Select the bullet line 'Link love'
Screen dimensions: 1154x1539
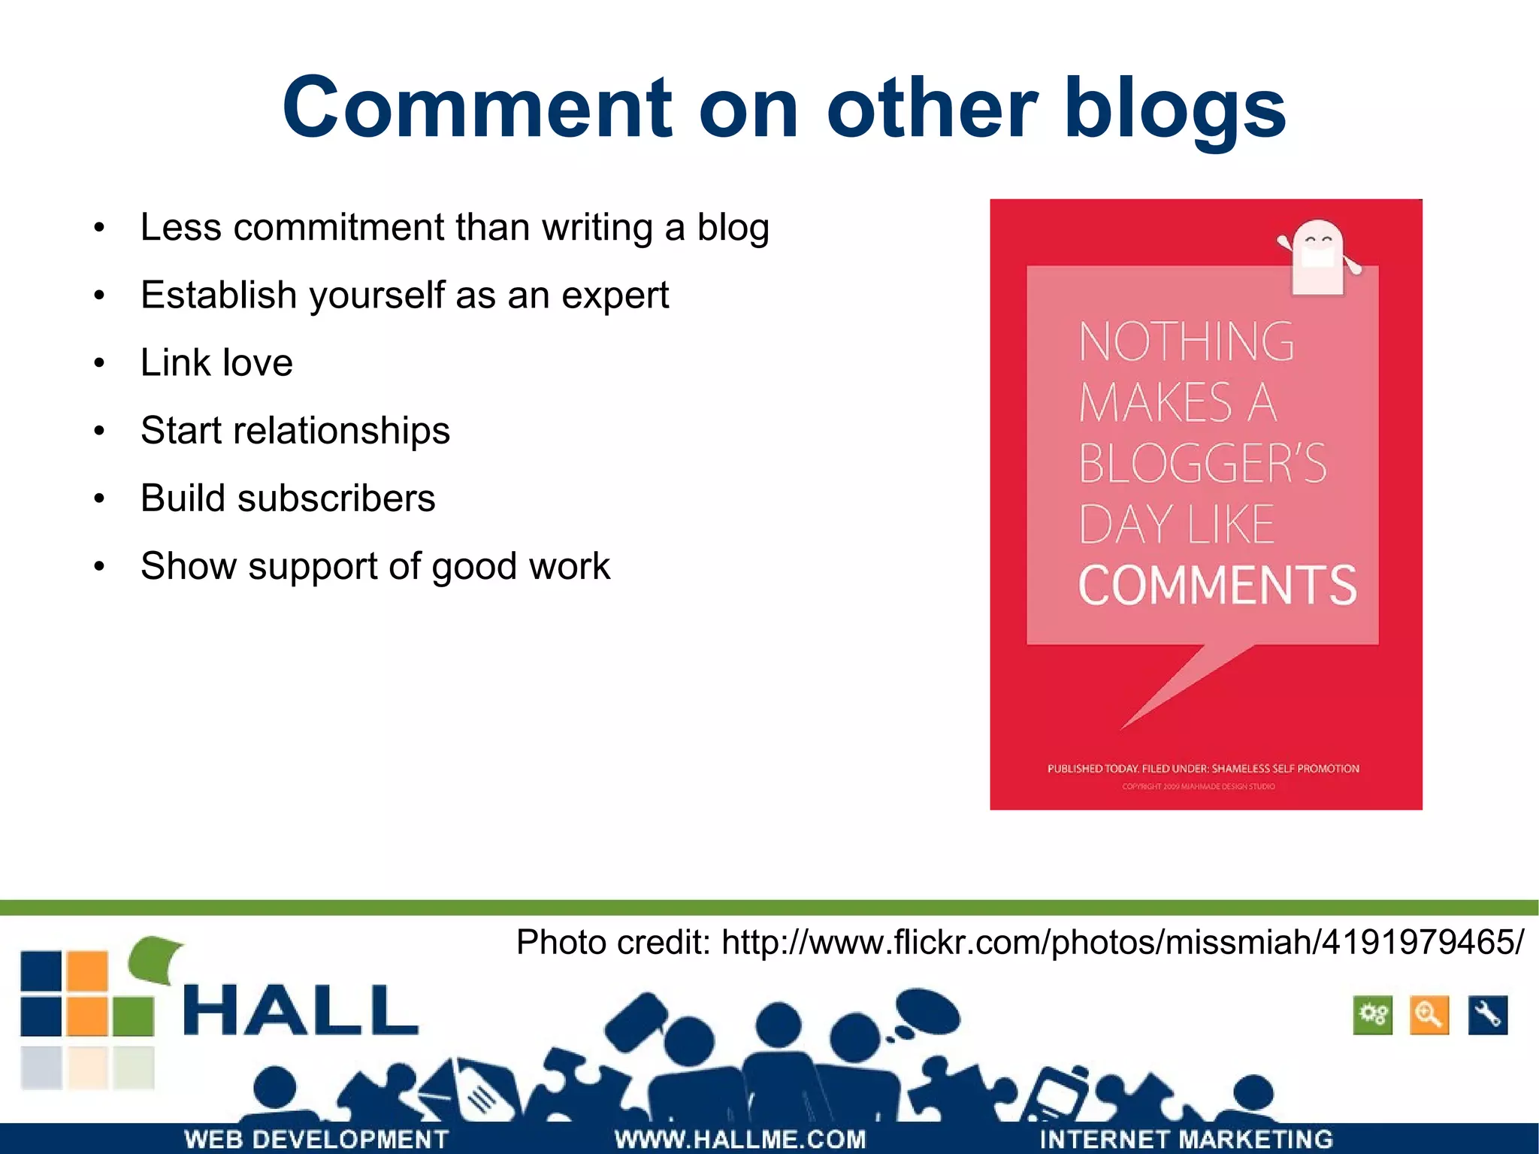click(216, 362)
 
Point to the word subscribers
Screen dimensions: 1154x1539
click(336, 498)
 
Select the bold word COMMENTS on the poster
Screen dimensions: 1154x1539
click(1217, 586)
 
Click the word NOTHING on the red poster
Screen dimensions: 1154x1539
click(1186, 342)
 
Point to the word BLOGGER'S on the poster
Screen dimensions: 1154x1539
click(1202, 463)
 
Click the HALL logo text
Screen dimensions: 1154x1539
click(301, 1010)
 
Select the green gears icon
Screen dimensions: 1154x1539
click(1373, 1015)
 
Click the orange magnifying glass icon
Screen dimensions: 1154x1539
click(1429, 1015)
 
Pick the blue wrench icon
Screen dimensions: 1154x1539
click(1487, 1015)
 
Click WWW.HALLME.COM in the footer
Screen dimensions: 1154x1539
click(740, 1139)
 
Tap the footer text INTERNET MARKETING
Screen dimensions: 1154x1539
click(1186, 1139)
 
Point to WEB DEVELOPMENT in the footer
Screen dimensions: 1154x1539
click(316, 1139)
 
